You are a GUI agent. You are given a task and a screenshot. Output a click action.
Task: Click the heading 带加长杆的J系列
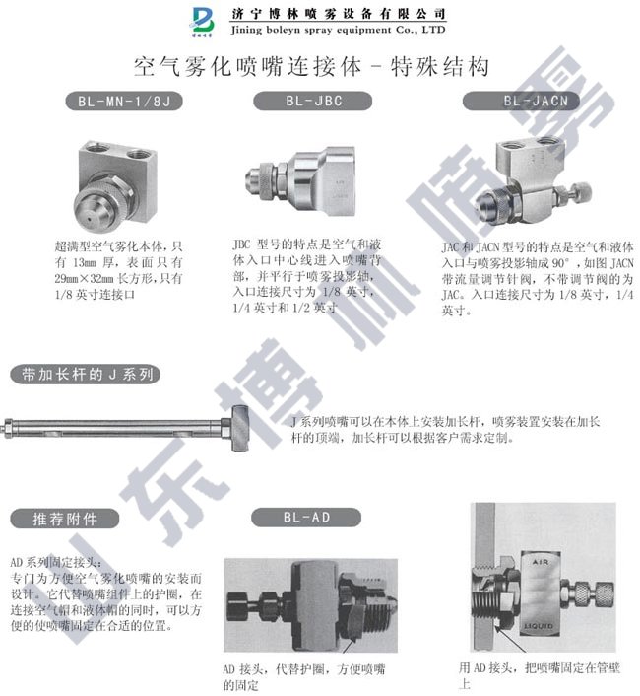[x=83, y=375]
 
